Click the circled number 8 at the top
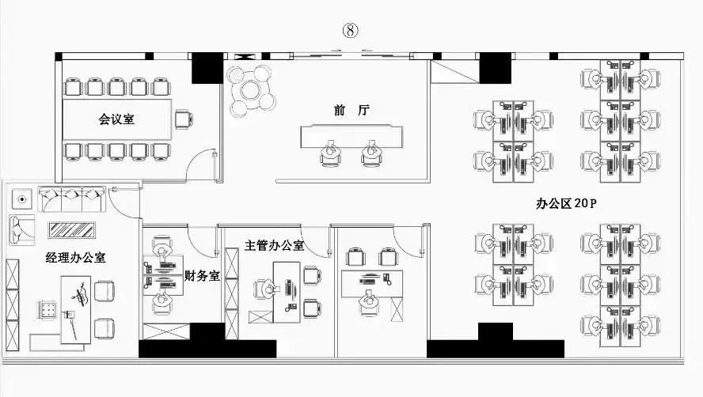[x=351, y=31]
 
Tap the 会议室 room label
[x=116, y=119]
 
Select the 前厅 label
[x=351, y=110]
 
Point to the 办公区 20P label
[x=566, y=203]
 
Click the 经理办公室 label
[x=76, y=258]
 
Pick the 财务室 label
[x=202, y=275]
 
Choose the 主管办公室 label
[x=275, y=245]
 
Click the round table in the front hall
[x=252, y=90]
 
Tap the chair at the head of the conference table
[x=184, y=119]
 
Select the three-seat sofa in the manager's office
[x=72, y=199]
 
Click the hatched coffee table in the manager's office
[x=72, y=230]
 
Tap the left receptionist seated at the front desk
[x=331, y=153]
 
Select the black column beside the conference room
[x=207, y=68]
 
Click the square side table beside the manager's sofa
[x=22, y=198]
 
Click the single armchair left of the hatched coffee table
[x=21, y=229]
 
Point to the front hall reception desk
[x=351, y=136]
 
